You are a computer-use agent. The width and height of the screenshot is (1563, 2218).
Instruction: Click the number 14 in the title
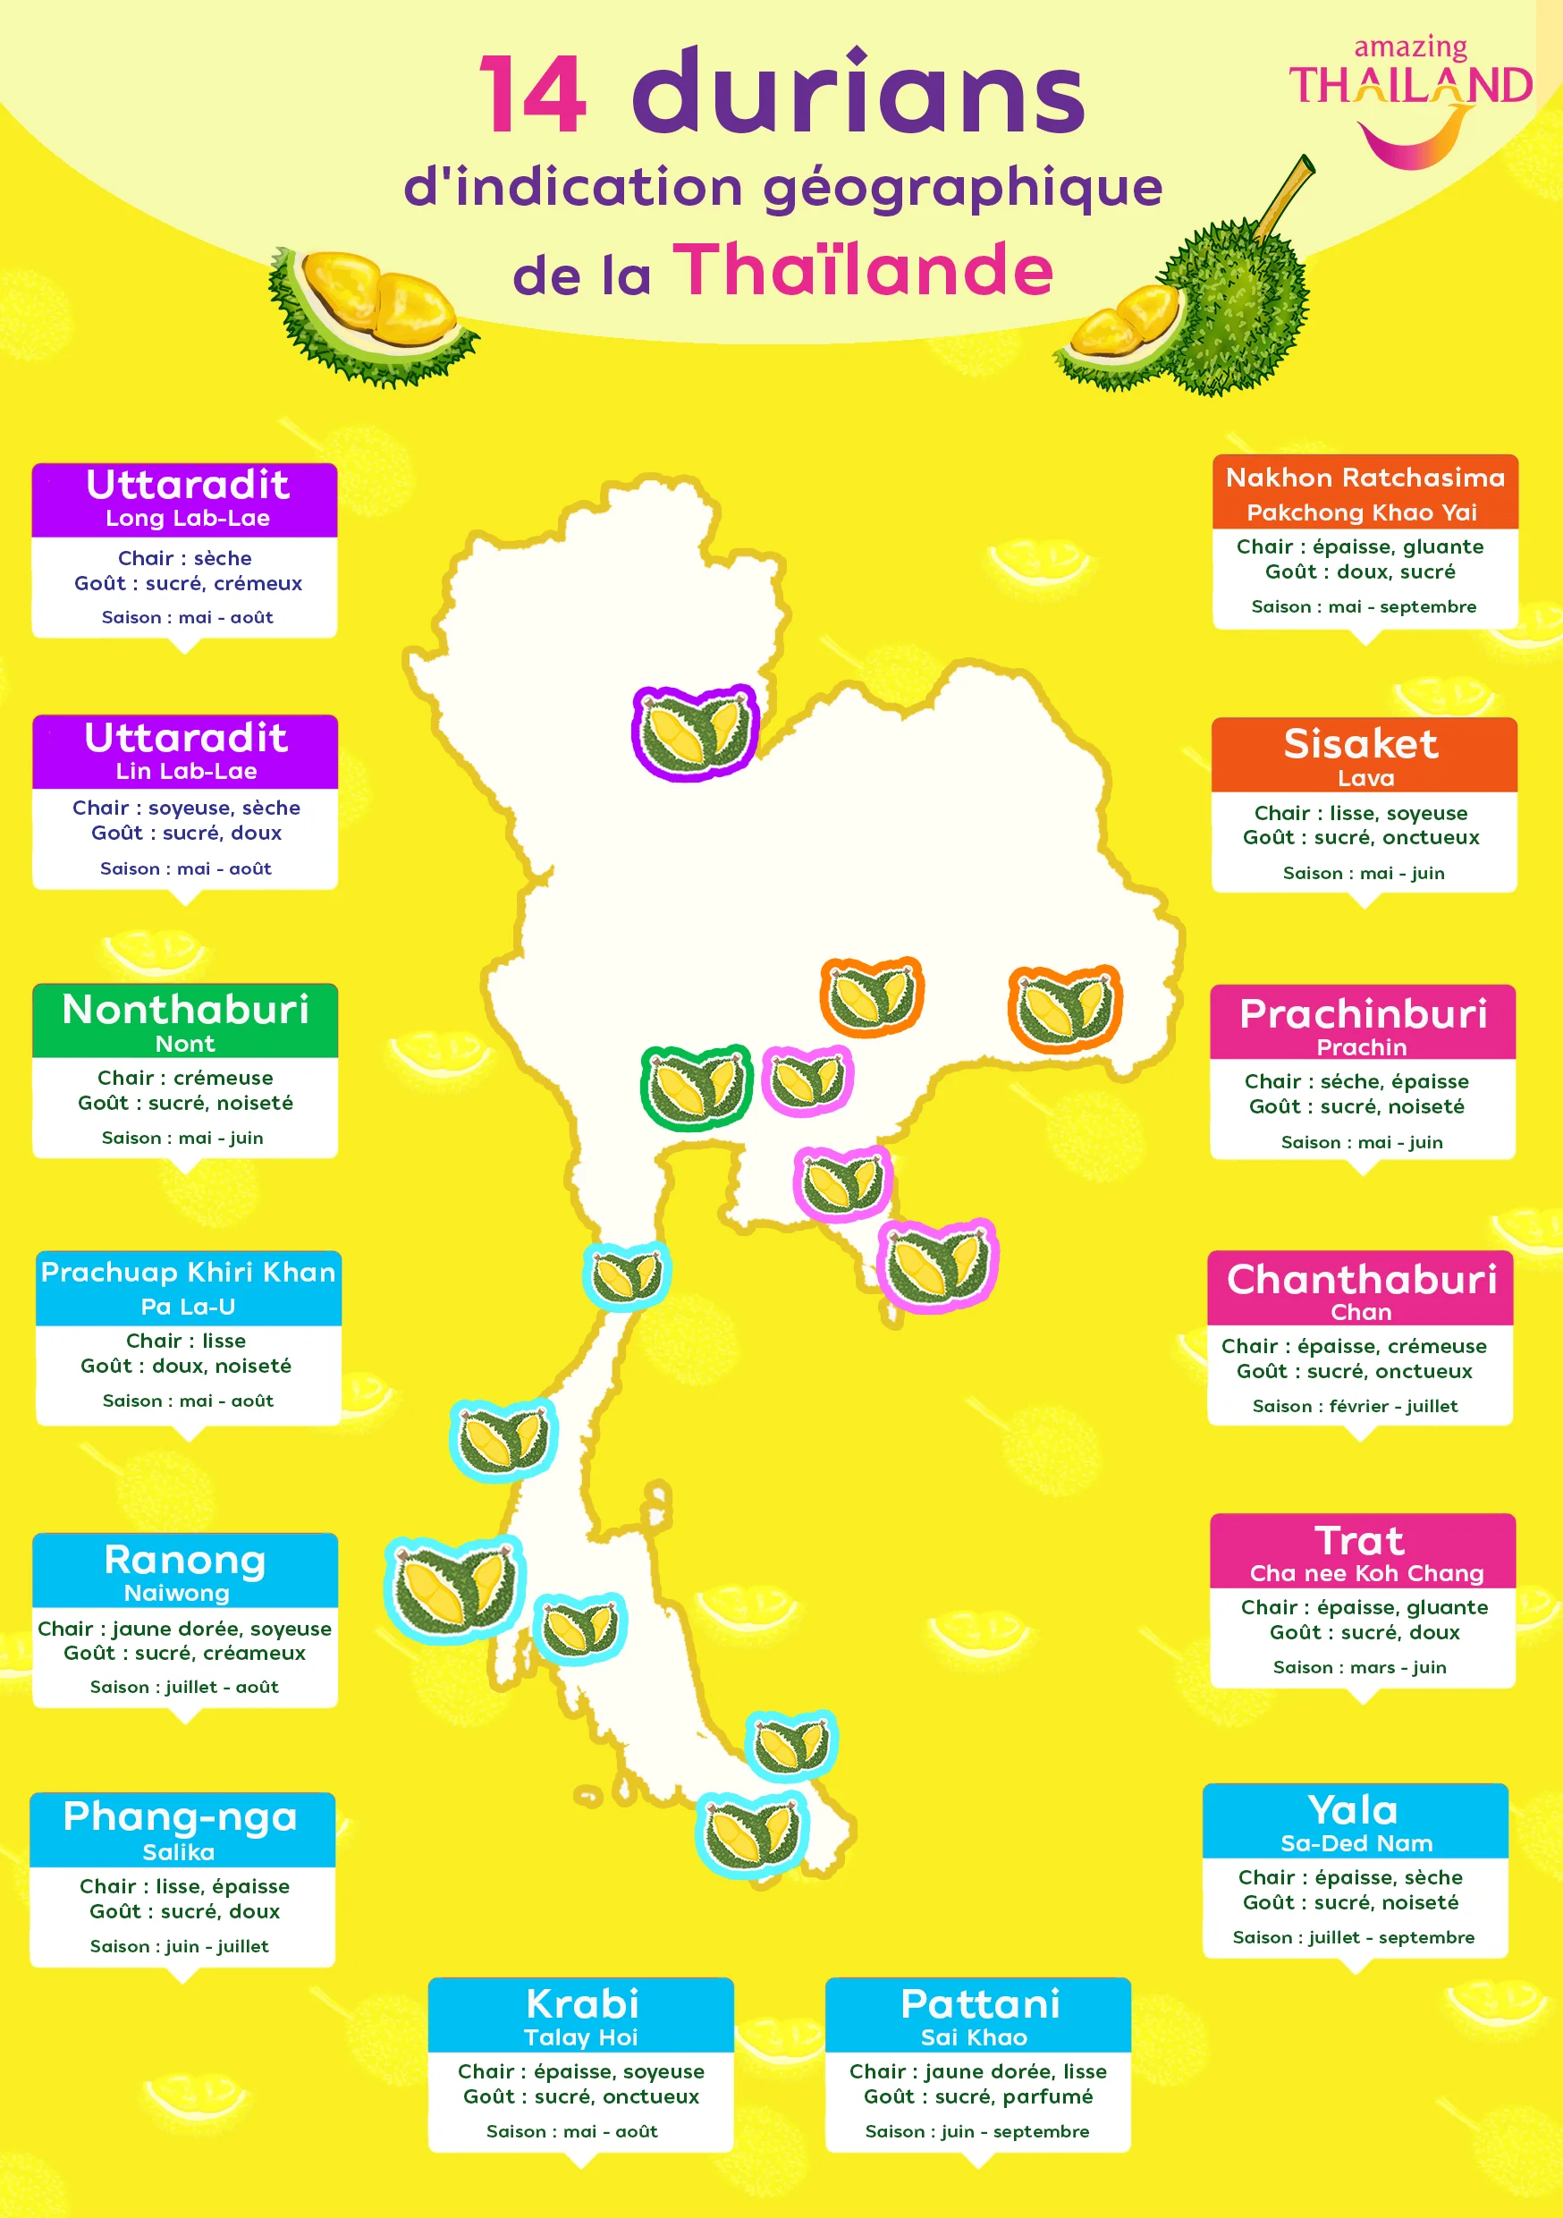pos(532,96)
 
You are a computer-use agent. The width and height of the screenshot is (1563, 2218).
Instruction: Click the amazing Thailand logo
pos(1410,97)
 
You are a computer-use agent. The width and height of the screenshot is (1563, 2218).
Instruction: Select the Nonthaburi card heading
pos(185,1010)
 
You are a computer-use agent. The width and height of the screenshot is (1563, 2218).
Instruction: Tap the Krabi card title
pos(581,2004)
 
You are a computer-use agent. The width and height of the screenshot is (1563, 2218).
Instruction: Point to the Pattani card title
pos(979,2004)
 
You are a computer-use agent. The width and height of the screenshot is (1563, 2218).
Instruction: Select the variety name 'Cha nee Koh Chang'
pos(1366,1574)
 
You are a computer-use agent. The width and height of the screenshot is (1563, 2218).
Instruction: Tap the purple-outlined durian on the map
pos(695,732)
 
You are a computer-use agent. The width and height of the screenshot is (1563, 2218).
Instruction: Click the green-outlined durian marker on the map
pos(696,1087)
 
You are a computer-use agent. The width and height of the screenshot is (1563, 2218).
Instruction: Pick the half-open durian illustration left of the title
pos(372,314)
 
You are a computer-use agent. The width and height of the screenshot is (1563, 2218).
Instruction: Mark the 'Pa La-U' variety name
pos(188,1307)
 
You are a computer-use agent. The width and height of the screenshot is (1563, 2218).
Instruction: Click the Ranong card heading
pos(184,1560)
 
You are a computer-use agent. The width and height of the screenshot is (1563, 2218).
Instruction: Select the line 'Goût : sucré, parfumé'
pos(977,2096)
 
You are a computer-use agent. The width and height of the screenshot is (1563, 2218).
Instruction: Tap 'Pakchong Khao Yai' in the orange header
pos(1361,512)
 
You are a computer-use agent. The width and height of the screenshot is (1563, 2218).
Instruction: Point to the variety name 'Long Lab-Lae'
pos(188,518)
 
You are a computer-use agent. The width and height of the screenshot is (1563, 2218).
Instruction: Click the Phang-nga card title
pos(180,1817)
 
